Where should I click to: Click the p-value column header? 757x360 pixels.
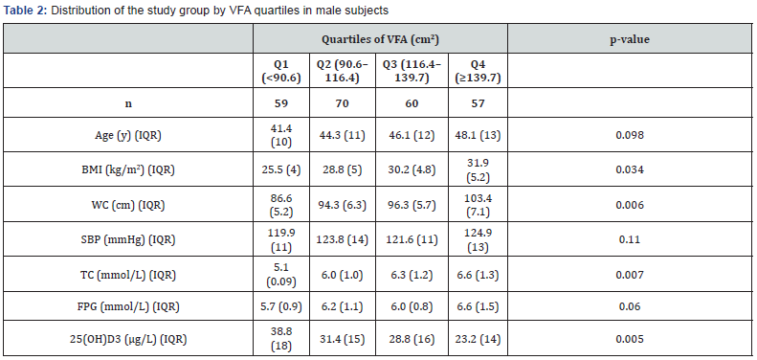(631, 40)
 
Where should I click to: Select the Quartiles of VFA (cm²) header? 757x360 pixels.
(380, 40)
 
